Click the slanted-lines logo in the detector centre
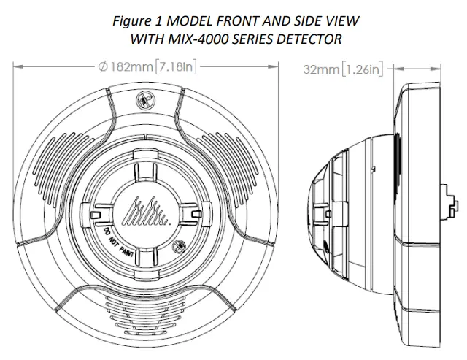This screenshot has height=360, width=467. point(145,213)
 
